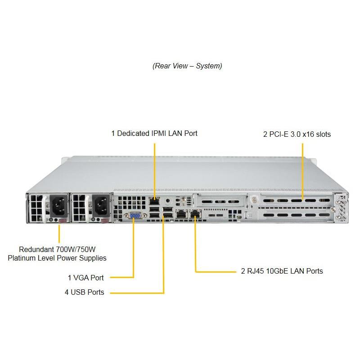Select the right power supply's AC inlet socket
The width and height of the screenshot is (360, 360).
100,206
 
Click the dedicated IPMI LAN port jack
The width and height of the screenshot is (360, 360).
154,198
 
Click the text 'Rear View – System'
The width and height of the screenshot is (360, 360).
187,66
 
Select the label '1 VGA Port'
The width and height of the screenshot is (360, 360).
85,278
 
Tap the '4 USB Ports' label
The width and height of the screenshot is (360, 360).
84,292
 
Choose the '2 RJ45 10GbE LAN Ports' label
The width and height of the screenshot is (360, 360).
282,271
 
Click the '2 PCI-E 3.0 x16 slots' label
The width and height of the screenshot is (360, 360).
297,134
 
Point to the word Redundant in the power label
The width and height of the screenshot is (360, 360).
36,249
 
